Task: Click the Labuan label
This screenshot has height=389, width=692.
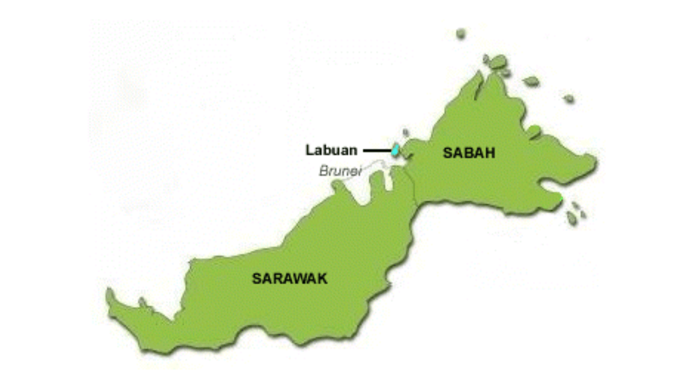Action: point(331,150)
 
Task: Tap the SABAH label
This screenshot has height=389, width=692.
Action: point(469,153)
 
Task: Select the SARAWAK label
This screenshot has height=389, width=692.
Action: point(290,279)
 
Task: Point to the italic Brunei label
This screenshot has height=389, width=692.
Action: point(340,171)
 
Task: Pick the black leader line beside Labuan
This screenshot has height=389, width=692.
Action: point(376,150)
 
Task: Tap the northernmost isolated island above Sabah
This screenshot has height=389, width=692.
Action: point(461,33)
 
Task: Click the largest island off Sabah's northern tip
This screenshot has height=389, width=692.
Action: point(498,62)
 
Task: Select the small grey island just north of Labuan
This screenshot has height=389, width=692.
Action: point(405,133)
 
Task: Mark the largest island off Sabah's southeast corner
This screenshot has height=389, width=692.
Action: point(571,218)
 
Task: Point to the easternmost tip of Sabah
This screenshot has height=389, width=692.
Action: point(596,161)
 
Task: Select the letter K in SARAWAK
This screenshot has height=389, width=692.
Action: point(322,279)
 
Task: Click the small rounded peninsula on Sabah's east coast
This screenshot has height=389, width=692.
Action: point(534,131)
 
